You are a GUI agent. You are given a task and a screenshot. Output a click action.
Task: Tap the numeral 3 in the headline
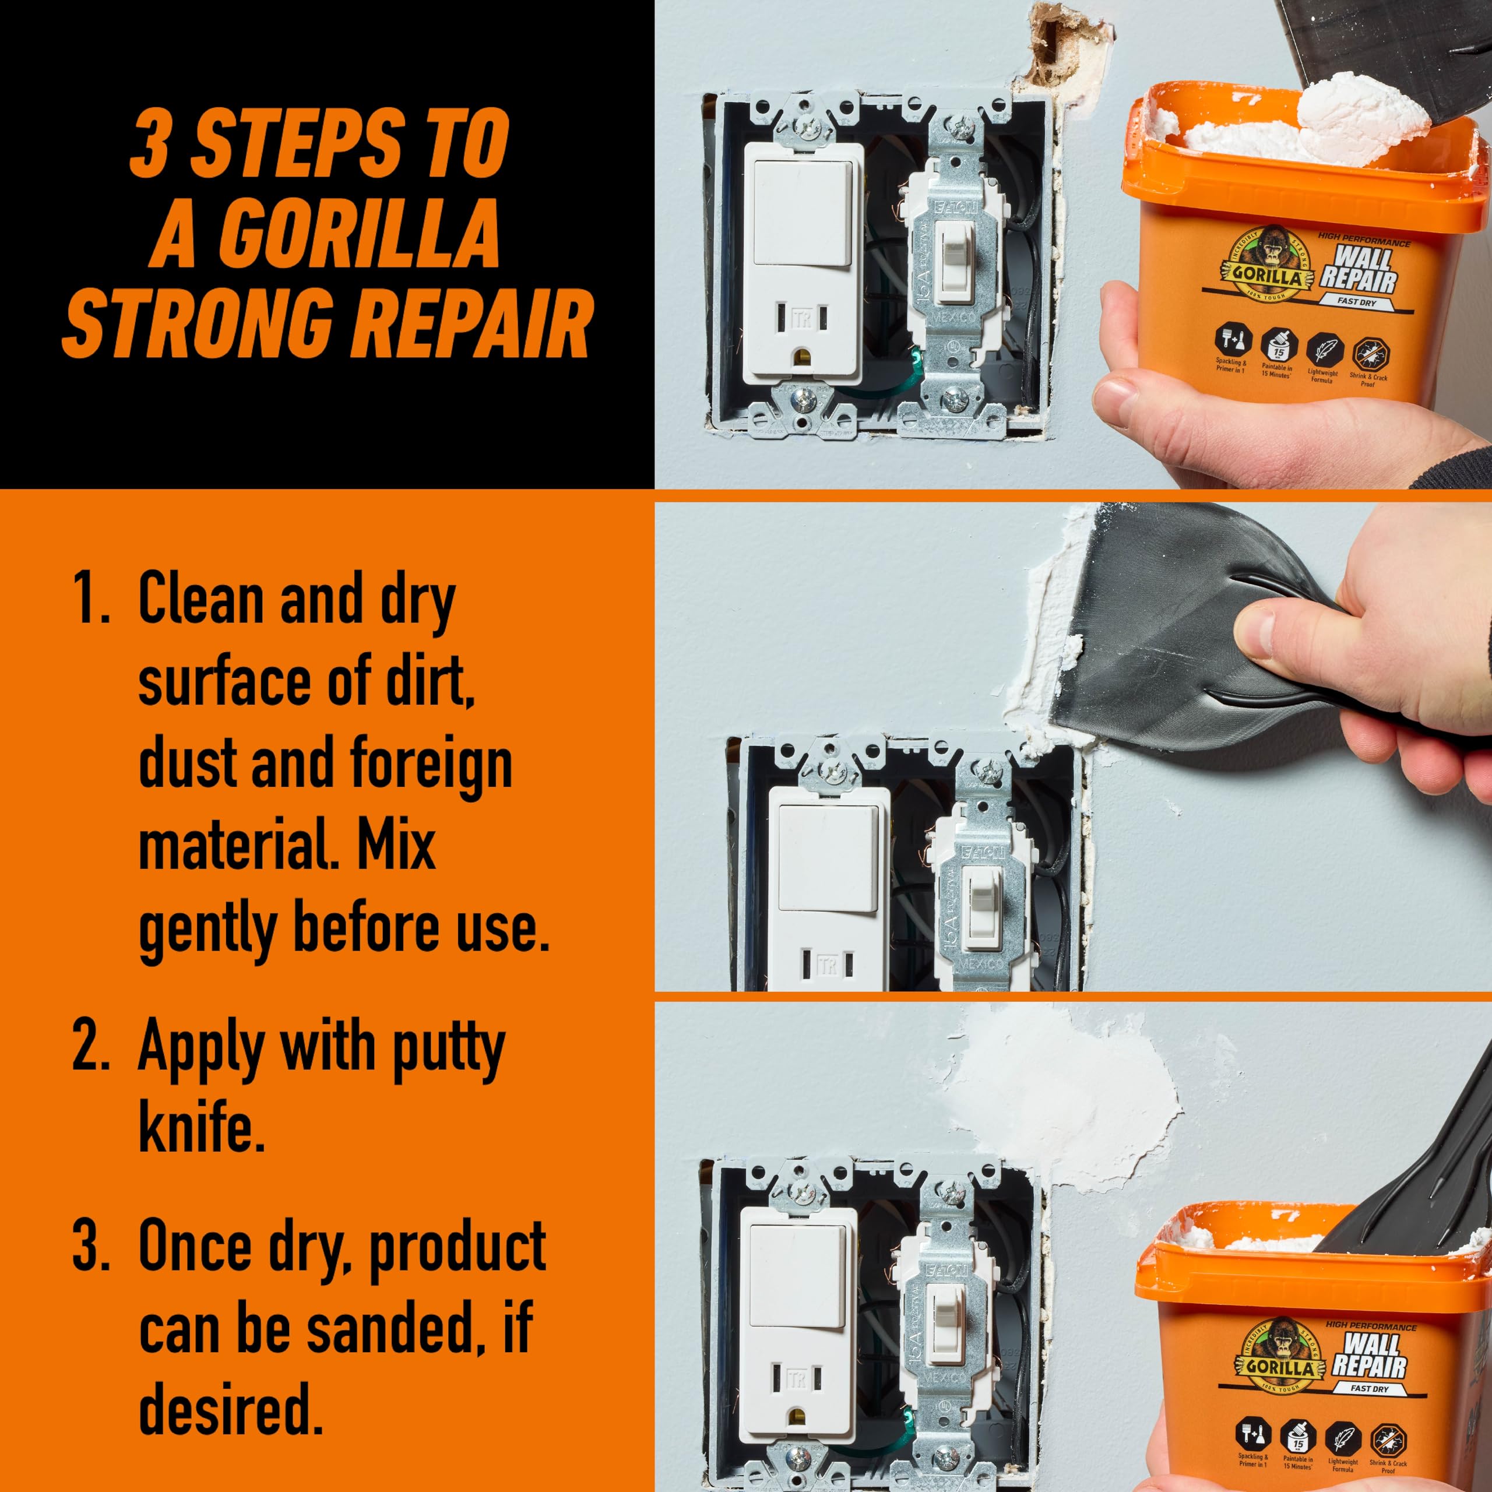[150, 142]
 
